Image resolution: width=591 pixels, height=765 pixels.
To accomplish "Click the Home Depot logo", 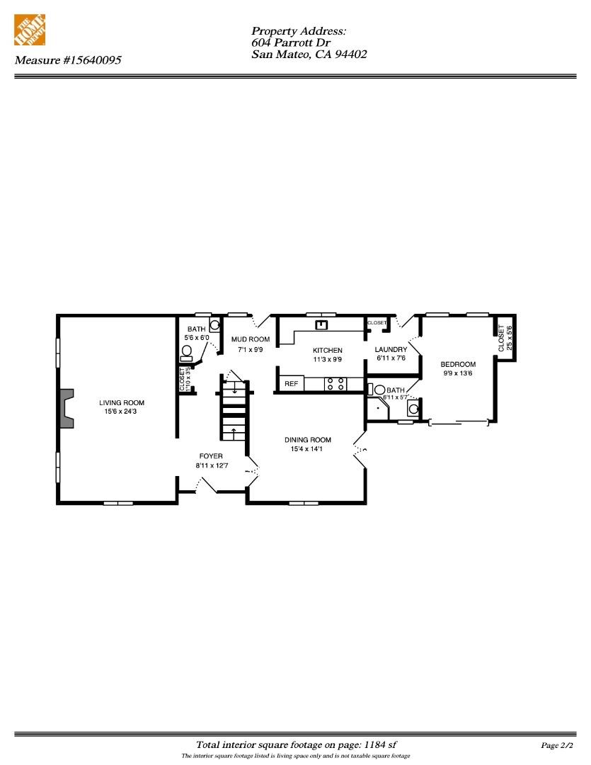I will pyautogui.click(x=30, y=30).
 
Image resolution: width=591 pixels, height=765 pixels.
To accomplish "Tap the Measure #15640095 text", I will pyautogui.click(x=68, y=60).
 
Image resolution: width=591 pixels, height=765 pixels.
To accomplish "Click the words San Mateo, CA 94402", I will pyautogui.click(x=309, y=54).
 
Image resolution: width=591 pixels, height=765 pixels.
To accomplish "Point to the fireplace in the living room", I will pyautogui.click(x=67, y=408).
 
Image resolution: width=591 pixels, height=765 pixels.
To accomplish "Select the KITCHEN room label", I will pyautogui.click(x=328, y=350).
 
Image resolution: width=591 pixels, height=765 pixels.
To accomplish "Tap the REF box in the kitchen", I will pyautogui.click(x=291, y=383).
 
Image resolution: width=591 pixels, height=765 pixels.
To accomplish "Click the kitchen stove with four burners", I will pyautogui.click(x=335, y=383).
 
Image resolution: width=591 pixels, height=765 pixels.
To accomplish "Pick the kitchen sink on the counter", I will pyautogui.click(x=322, y=325).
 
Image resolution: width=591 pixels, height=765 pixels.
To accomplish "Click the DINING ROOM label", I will pyautogui.click(x=308, y=439).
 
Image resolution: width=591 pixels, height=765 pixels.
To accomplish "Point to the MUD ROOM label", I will pyautogui.click(x=251, y=339).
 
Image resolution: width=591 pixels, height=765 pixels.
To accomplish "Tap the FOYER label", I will pyautogui.click(x=211, y=455).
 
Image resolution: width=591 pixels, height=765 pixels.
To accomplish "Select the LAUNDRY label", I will pyautogui.click(x=391, y=349).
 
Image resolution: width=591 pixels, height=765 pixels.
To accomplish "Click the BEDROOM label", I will pyautogui.click(x=458, y=364).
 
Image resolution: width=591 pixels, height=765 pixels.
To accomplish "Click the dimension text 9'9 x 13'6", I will pyautogui.click(x=458, y=373).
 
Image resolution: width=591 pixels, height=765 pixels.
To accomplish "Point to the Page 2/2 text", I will pyautogui.click(x=556, y=745).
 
